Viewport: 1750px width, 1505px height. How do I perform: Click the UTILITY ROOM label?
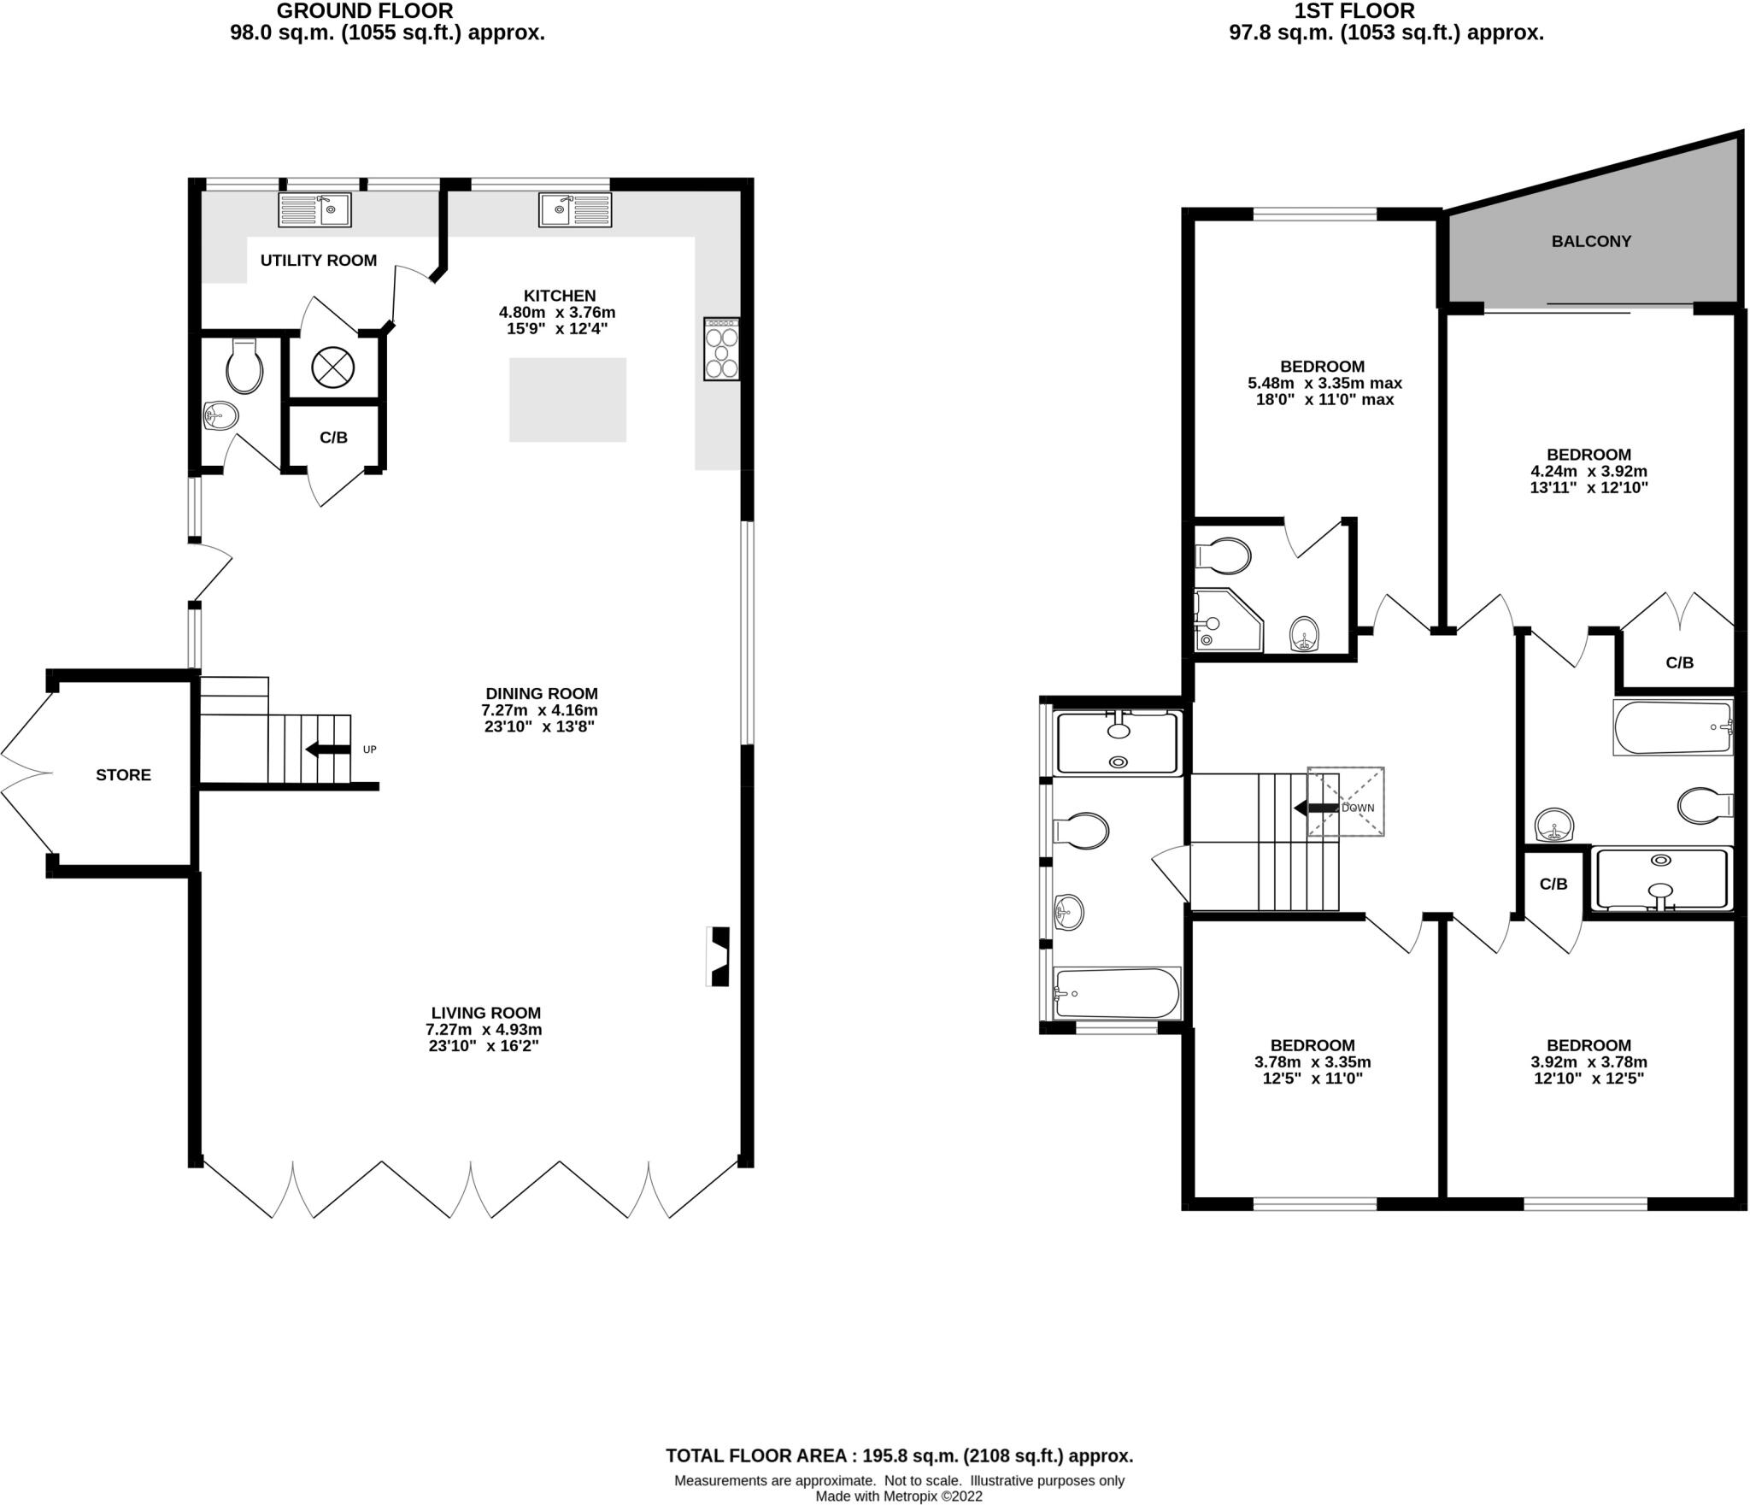[x=318, y=261]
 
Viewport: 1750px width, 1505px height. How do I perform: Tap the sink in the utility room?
[x=314, y=209]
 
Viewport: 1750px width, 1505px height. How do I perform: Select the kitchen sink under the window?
[x=575, y=209]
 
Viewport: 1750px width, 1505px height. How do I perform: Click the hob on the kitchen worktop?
[x=721, y=349]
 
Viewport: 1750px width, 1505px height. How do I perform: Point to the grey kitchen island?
[x=567, y=400]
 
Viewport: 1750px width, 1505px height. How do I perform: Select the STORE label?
[x=123, y=775]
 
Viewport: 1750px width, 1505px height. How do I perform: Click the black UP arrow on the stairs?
[x=327, y=750]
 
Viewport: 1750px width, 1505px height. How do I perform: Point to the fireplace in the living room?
[x=719, y=957]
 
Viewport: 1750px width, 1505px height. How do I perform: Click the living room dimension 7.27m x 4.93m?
[x=484, y=1030]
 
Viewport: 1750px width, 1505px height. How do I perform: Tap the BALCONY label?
[x=1591, y=242]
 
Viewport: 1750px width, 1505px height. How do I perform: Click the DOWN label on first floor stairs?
[x=1358, y=808]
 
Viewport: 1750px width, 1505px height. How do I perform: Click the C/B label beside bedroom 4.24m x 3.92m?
[x=1679, y=662]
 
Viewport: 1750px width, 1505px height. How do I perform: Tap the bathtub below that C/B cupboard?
[x=1672, y=727]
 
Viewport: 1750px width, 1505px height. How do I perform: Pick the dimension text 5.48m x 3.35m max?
[x=1324, y=384]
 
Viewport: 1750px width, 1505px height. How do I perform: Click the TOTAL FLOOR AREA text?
[x=899, y=1455]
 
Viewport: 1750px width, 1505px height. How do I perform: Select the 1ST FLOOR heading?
[x=1385, y=11]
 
